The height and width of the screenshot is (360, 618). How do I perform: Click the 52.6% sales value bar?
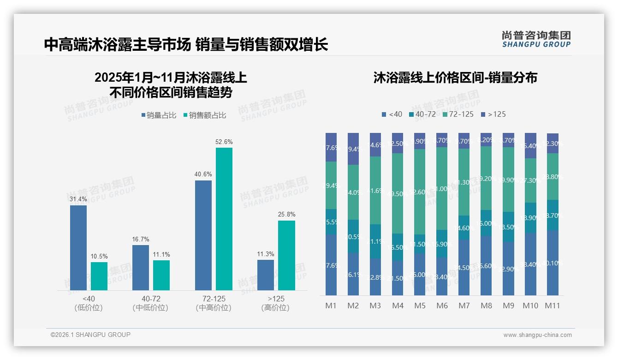[x=224, y=219]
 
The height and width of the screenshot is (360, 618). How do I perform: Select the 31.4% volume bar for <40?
[x=78, y=248]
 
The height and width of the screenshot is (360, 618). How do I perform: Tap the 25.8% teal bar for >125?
[x=286, y=255]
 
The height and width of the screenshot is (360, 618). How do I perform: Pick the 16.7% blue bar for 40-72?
[x=141, y=268]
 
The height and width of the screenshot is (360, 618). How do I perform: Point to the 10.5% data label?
[x=99, y=256]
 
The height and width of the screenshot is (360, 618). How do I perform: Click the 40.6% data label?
[x=203, y=174]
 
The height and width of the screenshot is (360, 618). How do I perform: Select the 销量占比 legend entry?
[x=159, y=115]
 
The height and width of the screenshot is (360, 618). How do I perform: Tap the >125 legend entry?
[x=493, y=114]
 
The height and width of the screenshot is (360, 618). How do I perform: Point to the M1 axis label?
[x=331, y=306]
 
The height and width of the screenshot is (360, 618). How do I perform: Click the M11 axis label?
[x=552, y=306]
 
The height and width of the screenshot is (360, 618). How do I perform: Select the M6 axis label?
[x=441, y=306]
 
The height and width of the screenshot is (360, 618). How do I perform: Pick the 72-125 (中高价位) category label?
[x=214, y=303]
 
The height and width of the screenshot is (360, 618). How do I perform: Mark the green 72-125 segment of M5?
[x=419, y=192]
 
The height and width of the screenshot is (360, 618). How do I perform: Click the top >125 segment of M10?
[x=530, y=145]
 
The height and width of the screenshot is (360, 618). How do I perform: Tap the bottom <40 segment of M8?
[x=486, y=265]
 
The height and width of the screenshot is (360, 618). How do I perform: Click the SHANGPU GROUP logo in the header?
[x=536, y=39]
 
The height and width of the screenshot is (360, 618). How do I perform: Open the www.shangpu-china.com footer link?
[x=537, y=335]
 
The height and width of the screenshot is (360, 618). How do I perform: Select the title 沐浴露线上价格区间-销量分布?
[x=455, y=78]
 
